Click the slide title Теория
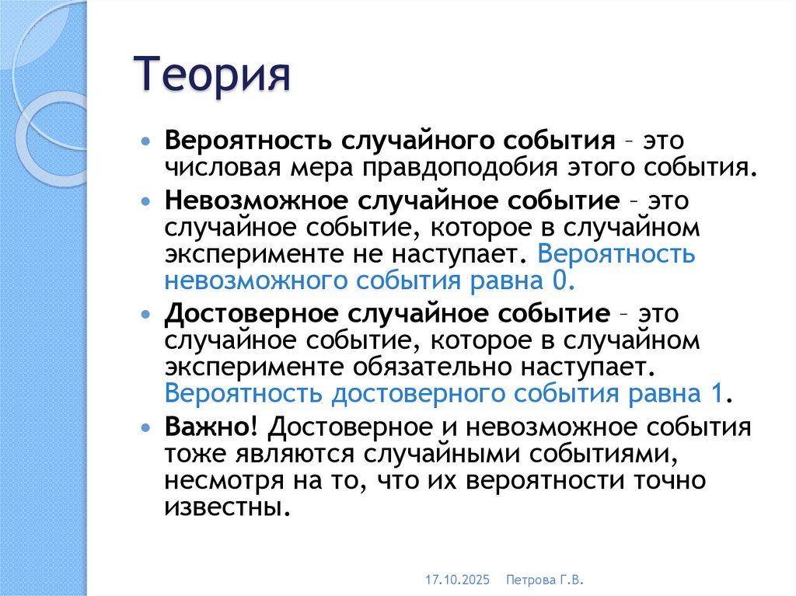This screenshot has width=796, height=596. pos(214,76)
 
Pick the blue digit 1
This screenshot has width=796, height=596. pos(718,393)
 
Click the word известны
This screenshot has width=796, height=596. pos(220,509)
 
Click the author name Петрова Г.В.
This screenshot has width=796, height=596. pos(544,580)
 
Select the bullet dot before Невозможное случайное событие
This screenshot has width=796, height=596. pos(148,200)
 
